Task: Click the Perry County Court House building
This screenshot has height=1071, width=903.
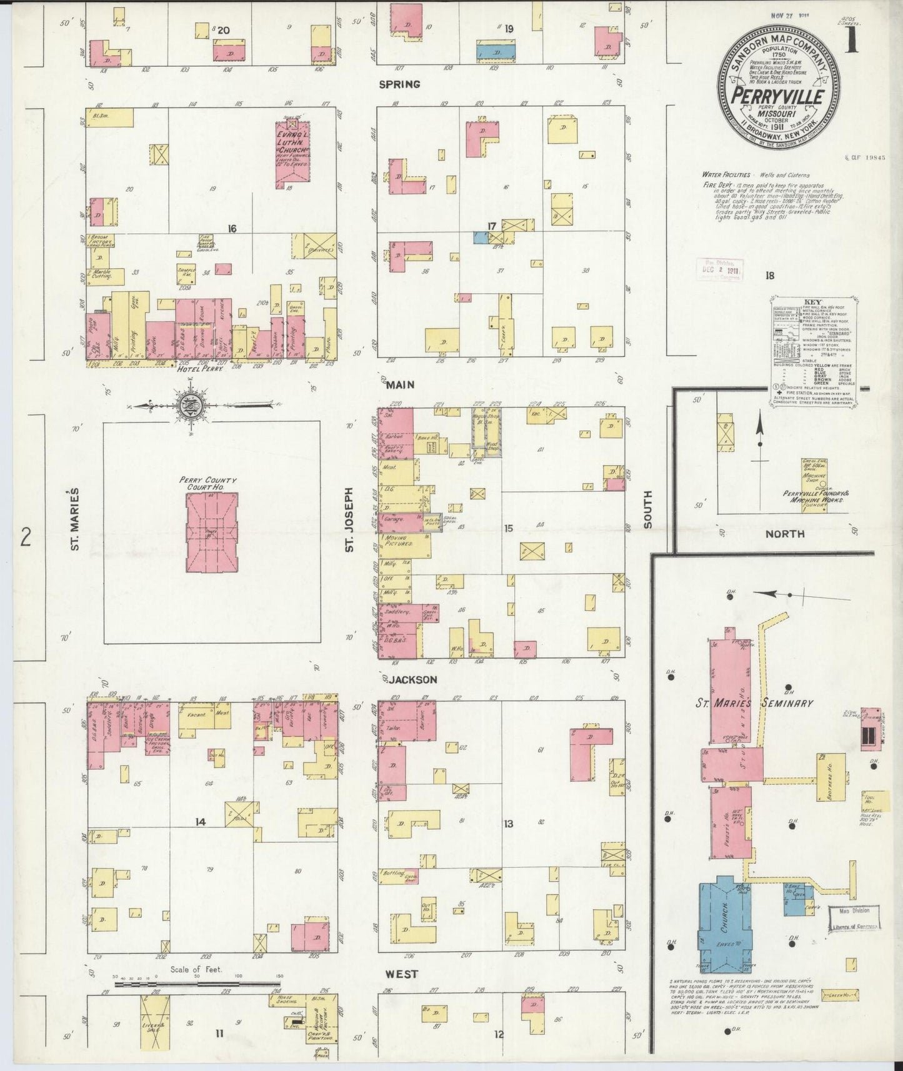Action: [x=212, y=531]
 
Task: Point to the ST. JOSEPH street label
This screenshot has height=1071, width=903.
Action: [x=350, y=520]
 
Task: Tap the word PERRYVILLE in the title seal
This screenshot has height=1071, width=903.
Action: [x=777, y=97]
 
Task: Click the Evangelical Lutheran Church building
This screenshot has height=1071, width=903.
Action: [x=292, y=154]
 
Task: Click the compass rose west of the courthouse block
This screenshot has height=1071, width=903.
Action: [x=189, y=406]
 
